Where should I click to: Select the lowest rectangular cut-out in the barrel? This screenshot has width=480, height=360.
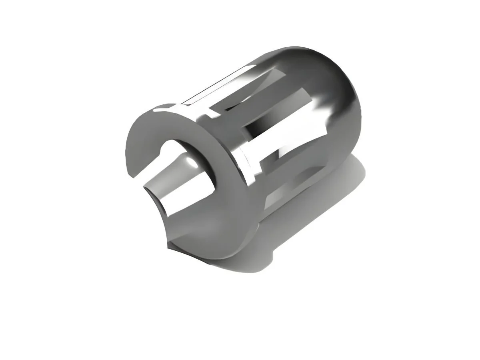click(x=280, y=196)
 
